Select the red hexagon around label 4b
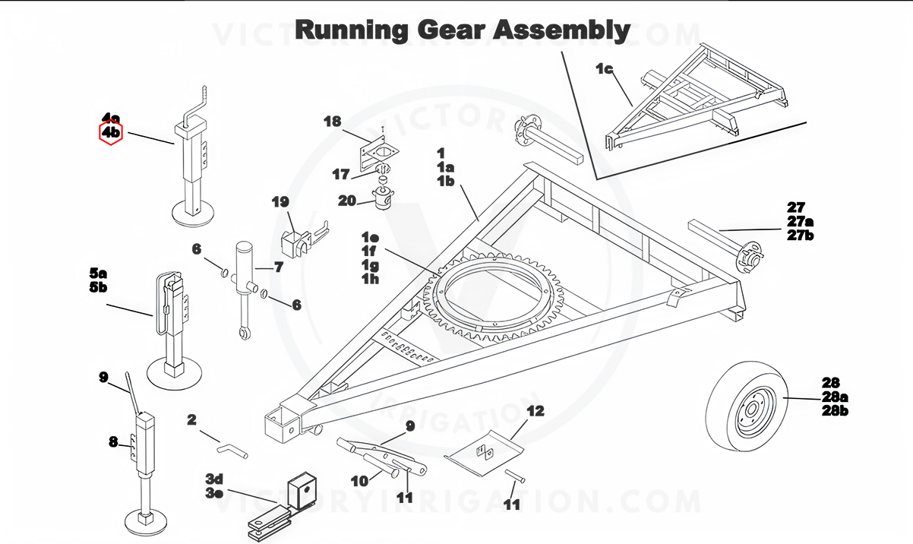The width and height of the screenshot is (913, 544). (111, 132)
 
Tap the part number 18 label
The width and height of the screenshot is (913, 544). (333, 122)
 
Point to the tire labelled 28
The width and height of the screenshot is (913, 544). (744, 406)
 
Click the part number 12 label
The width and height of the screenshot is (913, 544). (535, 411)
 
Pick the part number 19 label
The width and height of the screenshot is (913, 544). (281, 202)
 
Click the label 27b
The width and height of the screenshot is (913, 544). (801, 235)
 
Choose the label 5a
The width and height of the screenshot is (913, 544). (99, 273)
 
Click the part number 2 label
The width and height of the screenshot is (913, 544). (191, 419)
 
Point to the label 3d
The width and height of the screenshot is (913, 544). (214, 479)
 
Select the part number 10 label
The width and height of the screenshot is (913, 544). (359, 480)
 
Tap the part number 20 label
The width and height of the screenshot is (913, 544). (347, 201)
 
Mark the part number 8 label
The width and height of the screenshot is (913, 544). (113, 441)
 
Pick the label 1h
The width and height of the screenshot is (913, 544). (370, 279)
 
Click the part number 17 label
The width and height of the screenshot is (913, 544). (341, 174)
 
